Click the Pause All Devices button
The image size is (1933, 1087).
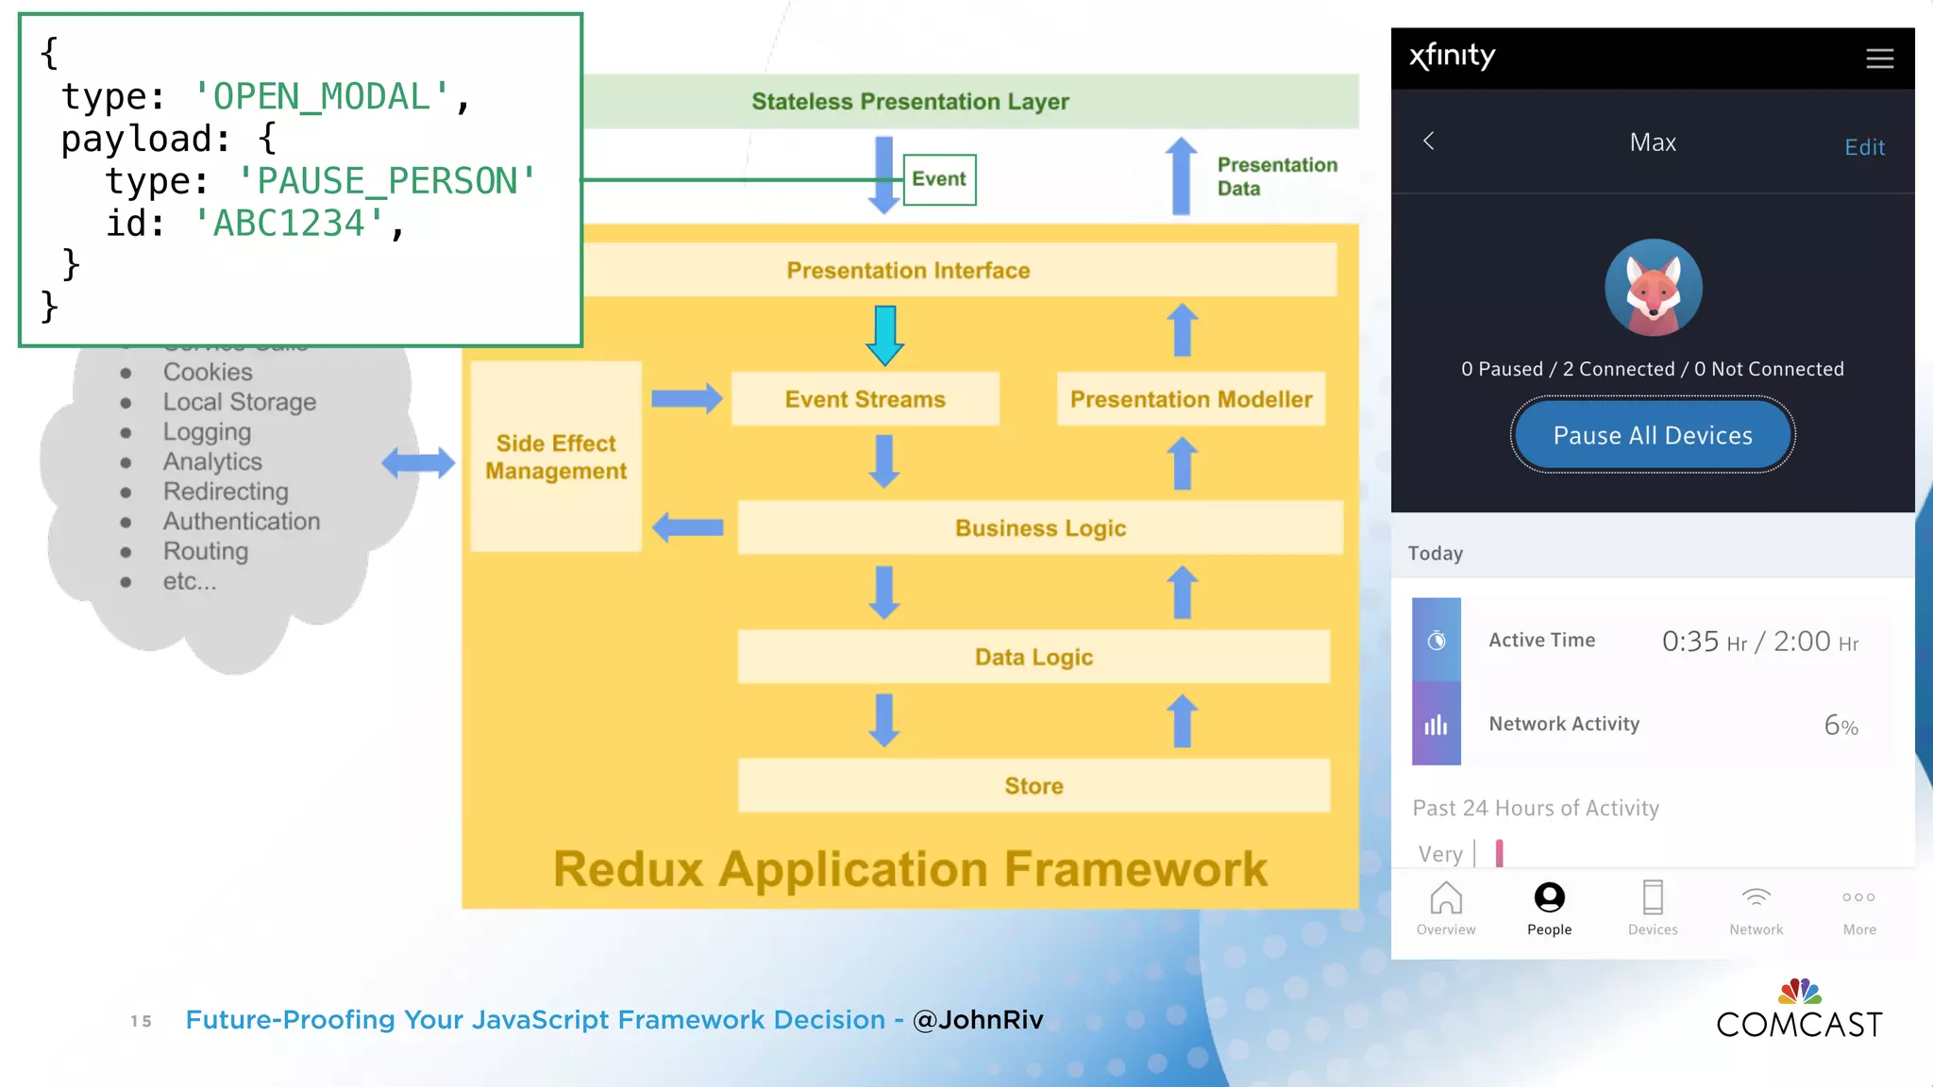pos(1652,435)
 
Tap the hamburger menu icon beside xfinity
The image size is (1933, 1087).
pos(1879,59)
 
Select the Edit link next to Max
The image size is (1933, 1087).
pos(1864,147)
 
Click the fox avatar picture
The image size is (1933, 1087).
pos(1653,288)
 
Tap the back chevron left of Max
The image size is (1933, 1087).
pos(1429,142)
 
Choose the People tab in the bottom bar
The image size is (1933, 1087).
pos(1549,908)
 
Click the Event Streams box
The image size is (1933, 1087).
pos(865,399)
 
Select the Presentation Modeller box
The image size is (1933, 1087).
pos(1190,399)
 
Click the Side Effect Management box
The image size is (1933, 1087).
pos(556,457)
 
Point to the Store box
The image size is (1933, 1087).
pos(1034,786)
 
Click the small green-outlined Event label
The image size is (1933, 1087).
pos(939,179)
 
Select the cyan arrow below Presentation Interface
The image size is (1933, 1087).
pos(884,336)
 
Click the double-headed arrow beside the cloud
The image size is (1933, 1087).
pos(418,462)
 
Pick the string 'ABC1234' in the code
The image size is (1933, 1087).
pos(289,224)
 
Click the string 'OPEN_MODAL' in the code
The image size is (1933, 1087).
pos(321,96)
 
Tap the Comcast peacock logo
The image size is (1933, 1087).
pos(1799,992)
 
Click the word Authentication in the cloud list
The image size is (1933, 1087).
pos(242,521)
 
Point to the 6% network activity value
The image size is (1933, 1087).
pos(1840,726)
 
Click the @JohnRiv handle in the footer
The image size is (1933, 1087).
pos(978,1020)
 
